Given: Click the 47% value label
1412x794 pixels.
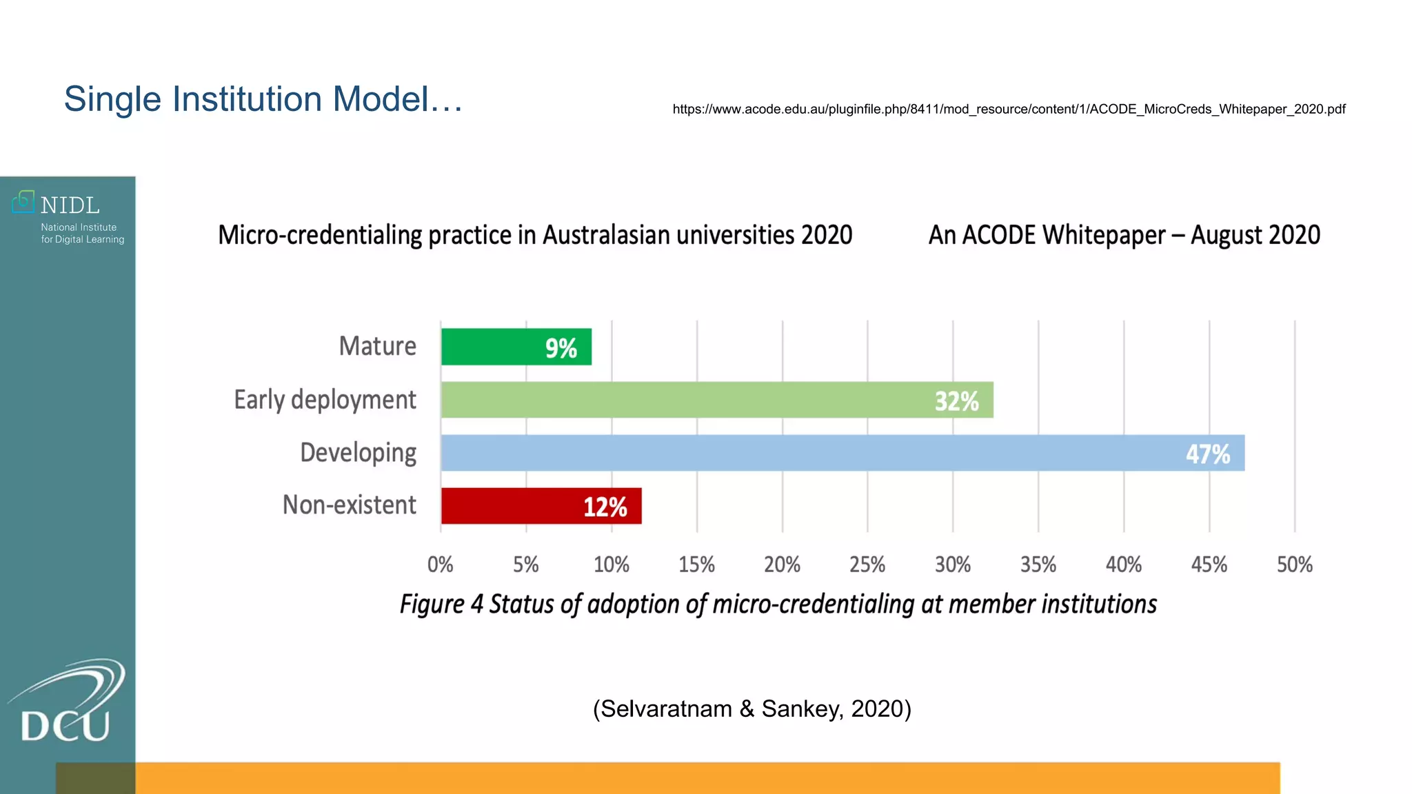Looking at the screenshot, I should (1207, 454).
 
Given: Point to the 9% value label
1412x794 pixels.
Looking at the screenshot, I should (561, 348).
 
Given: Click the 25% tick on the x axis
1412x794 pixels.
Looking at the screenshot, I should (867, 565).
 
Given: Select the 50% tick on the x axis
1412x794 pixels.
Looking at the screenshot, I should (1294, 565).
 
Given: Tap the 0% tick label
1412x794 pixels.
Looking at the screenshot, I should (440, 565).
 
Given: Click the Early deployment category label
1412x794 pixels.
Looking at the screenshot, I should (325, 400).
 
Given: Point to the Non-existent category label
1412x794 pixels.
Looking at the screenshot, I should (349, 505).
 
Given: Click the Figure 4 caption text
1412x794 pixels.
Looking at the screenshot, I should (778, 604).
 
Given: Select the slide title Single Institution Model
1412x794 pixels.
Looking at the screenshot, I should (263, 99).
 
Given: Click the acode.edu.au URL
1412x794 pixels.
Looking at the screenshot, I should (1008, 109).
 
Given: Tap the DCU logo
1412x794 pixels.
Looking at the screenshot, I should (66, 703).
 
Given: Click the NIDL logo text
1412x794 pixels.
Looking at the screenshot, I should (70, 205).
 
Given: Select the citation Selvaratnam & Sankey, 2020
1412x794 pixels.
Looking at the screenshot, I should (752, 709).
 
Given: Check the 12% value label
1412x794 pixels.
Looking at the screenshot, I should (605, 507).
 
